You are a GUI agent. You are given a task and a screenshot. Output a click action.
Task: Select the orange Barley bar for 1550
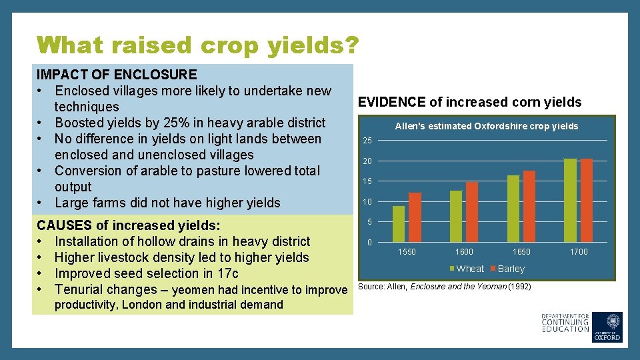[415, 217]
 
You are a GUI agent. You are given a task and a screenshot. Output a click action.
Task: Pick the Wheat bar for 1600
[456, 216]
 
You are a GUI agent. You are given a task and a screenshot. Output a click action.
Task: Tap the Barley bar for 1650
[529, 206]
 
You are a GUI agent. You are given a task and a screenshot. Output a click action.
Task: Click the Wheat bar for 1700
[570, 200]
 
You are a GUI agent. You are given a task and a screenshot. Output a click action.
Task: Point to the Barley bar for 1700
[587, 200]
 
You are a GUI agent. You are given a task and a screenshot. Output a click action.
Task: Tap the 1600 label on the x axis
[464, 252]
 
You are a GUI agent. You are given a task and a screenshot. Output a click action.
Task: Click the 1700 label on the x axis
[579, 252]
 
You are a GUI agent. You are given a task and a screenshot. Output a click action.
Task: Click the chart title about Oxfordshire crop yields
[487, 126]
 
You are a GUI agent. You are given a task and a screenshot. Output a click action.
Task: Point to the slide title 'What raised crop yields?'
[198, 45]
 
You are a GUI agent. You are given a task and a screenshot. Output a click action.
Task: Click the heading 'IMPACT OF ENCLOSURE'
[117, 74]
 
